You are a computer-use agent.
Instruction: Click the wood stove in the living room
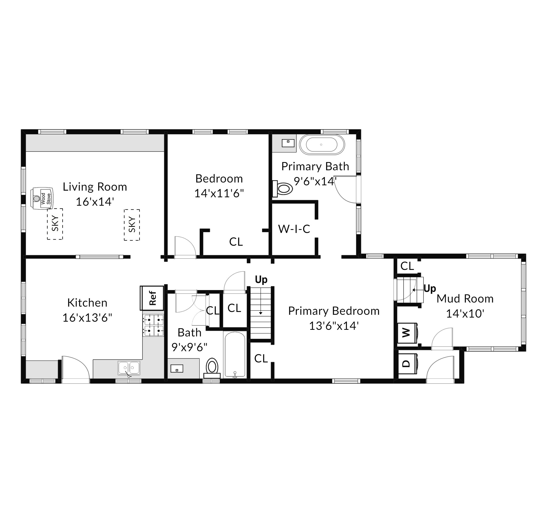tap(42, 198)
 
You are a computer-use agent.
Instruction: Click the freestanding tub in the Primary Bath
tap(322, 145)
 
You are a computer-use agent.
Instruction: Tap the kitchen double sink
tap(129, 368)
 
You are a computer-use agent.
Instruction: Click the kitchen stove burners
tap(153, 325)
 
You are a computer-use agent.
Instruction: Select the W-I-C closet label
tap(294, 229)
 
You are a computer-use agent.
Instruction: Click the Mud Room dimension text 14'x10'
tap(465, 313)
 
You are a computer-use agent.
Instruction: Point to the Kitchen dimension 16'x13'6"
tap(87, 318)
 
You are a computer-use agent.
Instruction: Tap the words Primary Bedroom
tap(334, 311)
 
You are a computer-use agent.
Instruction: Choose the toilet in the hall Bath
tap(212, 368)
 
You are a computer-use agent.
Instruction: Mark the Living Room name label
tap(95, 187)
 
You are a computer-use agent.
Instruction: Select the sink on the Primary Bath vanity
tap(288, 143)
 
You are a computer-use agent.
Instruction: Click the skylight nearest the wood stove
tap(55, 224)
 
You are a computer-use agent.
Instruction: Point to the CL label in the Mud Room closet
tap(407, 266)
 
